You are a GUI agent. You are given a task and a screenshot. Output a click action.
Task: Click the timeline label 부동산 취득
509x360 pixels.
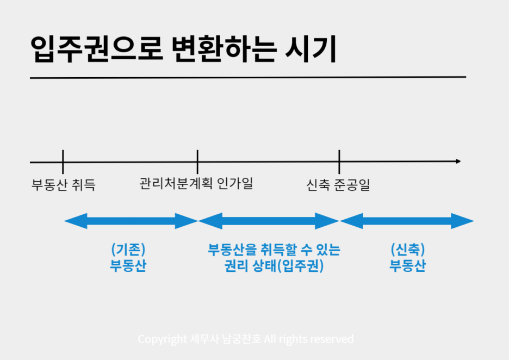64,185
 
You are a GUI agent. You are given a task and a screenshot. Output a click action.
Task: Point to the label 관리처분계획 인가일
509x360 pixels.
196,183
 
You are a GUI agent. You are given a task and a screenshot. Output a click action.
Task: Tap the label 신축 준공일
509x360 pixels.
338,185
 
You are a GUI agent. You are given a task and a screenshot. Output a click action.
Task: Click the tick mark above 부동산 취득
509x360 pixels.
63,162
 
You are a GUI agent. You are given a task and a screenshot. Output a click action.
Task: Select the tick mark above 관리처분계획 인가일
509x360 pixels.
197,162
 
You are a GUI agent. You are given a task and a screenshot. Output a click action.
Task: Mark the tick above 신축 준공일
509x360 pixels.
339,162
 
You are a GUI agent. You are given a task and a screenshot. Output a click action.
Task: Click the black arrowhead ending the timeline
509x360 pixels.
458,162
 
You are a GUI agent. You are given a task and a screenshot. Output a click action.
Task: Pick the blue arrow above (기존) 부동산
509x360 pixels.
131,221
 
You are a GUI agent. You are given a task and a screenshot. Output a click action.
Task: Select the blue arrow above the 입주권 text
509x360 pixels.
269,221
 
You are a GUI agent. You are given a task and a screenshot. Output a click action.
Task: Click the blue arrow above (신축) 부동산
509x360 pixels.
407,221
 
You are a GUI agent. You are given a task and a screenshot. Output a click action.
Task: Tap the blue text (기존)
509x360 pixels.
128,250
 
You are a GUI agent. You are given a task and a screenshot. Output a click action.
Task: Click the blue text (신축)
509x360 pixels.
407,250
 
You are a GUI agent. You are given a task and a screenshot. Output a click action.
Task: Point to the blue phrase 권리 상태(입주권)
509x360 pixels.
274,266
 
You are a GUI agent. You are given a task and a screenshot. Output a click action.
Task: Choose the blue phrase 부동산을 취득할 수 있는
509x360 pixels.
274,250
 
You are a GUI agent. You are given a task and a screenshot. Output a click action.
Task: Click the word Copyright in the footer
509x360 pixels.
162,339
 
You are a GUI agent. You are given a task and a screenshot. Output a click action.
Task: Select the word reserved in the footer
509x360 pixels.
332,339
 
